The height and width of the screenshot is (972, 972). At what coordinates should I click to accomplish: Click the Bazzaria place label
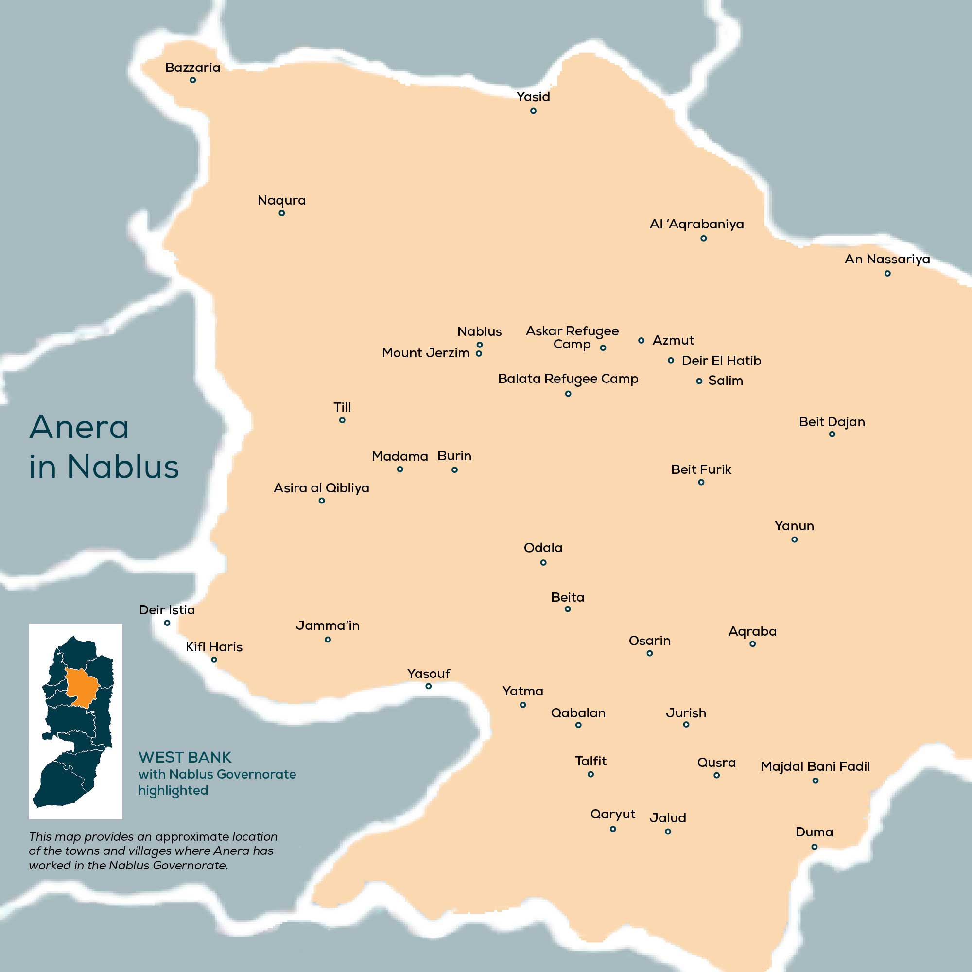(192, 68)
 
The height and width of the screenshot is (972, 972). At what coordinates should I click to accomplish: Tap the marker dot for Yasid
(533, 111)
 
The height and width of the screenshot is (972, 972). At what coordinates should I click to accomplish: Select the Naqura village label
(282, 200)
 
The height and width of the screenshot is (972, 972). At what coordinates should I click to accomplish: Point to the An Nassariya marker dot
(887, 273)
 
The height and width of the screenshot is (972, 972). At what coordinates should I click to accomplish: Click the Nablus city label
(480, 331)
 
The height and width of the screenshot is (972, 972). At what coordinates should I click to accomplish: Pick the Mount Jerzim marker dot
(479, 354)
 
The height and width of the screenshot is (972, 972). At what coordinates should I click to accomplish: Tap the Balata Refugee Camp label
(568, 379)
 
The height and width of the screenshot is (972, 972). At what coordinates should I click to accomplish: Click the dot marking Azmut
(641, 341)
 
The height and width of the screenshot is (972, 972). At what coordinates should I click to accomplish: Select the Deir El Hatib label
(721, 361)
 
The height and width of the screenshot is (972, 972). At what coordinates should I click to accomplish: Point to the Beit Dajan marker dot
(832, 434)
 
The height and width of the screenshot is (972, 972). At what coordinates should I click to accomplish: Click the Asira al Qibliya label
(321, 488)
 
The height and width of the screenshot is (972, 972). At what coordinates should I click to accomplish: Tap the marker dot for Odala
(543, 562)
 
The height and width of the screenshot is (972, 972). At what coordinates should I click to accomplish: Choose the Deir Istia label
(167, 610)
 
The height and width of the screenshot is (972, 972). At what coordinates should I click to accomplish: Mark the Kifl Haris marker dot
(214, 660)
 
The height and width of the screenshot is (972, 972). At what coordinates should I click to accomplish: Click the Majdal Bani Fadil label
(815, 766)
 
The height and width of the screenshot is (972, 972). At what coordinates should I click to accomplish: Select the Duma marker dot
(815, 847)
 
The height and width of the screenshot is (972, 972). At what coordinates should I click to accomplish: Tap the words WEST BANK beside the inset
(185, 757)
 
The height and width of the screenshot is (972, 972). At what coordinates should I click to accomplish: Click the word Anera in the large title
(80, 428)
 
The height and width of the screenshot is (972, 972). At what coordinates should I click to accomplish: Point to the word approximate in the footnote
(191, 837)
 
